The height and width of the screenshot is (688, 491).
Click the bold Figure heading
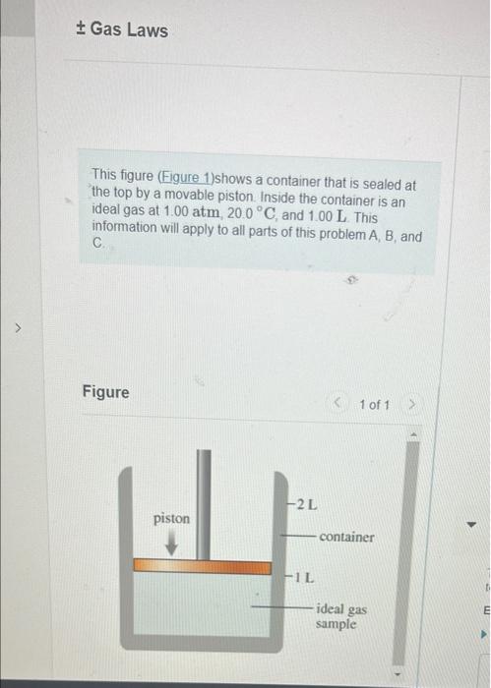105,392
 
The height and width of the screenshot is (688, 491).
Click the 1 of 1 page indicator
375,405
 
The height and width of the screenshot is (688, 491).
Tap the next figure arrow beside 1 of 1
414,405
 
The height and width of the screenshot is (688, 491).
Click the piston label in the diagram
171,518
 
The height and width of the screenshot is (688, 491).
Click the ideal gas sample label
341,616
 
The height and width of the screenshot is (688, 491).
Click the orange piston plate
202,567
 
